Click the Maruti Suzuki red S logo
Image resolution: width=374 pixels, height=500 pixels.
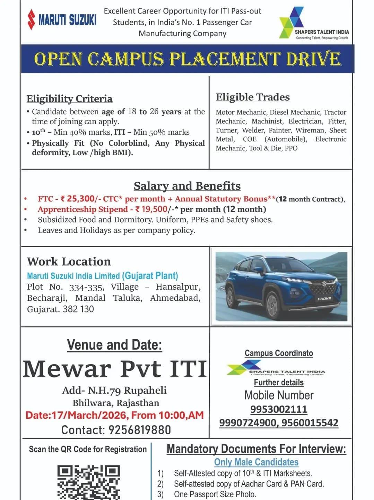point(32,19)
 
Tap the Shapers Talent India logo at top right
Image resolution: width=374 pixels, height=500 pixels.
point(314,23)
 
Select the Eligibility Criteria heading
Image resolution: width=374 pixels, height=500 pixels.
point(69,99)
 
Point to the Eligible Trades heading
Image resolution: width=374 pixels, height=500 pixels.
point(253,97)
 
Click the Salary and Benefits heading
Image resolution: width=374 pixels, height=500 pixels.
point(187,186)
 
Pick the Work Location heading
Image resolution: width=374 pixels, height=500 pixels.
point(69,261)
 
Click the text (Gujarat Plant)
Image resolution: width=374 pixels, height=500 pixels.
point(150,276)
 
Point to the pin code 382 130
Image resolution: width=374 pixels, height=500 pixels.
point(78,309)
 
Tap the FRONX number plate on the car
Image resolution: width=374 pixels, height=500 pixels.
point(324,298)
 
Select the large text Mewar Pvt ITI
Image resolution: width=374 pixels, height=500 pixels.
point(115,369)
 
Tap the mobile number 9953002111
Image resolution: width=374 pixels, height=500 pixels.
point(279,409)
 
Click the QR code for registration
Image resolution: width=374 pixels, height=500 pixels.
point(89,483)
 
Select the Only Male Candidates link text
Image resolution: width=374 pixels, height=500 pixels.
point(256,462)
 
